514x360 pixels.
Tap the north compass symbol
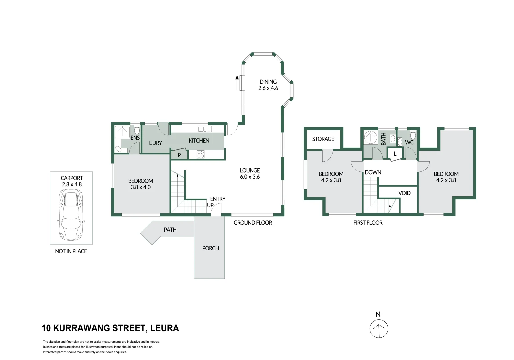click(379, 328)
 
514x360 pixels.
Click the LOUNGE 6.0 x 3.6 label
click(250, 173)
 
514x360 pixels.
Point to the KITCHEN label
click(199, 141)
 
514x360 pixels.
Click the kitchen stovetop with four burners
click(200, 154)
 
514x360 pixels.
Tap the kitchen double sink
click(204, 129)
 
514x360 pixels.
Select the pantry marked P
click(179, 155)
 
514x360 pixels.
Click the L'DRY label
click(155, 143)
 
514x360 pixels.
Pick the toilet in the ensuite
click(137, 130)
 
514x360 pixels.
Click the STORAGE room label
click(323, 139)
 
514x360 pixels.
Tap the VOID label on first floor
click(404, 193)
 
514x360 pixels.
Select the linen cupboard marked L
click(395, 154)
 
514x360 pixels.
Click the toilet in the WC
click(413, 135)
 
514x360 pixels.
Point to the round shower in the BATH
click(370, 137)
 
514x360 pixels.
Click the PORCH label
click(210, 248)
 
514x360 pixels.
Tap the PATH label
click(170, 230)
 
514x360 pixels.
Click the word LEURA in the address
click(164, 328)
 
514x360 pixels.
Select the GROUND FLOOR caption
click(253, 223)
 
